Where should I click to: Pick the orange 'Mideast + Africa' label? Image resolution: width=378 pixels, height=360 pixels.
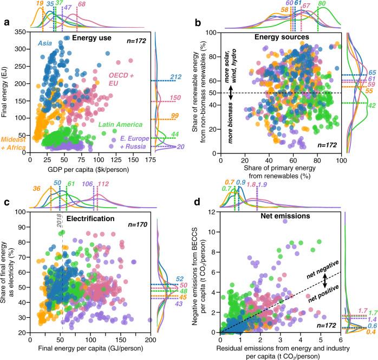coord(14,143)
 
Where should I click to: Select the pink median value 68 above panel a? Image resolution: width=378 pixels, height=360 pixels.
coord(81,5)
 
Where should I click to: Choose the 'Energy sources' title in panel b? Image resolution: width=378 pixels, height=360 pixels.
coord(281,37)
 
